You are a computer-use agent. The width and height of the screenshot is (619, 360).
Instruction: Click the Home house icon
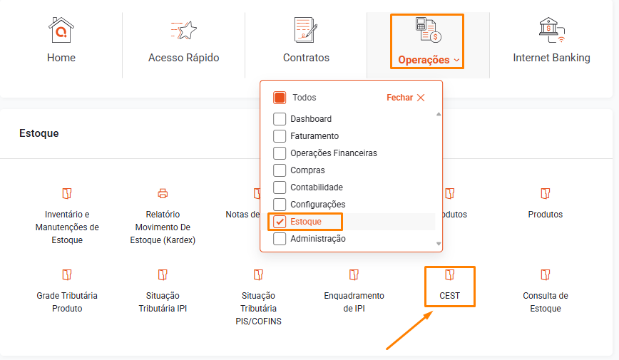61,30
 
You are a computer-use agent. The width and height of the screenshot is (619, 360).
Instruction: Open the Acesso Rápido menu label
183,58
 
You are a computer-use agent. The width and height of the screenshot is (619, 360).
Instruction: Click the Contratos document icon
306,30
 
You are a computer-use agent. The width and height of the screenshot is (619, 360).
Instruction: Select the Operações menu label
424,60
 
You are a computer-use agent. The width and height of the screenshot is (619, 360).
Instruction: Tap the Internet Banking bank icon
552,30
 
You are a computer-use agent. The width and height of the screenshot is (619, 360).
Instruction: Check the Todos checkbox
280,98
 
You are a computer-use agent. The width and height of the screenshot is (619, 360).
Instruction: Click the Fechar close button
406,98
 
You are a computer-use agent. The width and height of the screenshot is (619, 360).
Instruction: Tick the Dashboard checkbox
280,119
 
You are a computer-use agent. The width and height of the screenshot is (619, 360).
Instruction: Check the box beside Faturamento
280,135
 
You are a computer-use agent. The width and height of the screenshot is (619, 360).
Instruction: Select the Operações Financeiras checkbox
280,153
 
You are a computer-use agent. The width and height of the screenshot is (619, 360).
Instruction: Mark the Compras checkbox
280,170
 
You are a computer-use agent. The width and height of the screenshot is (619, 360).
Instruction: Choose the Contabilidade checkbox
280,187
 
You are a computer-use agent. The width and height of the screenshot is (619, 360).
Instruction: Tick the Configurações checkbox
280,204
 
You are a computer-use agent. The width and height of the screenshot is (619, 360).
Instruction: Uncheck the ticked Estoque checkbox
280,222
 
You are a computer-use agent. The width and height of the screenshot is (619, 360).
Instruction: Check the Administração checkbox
280,238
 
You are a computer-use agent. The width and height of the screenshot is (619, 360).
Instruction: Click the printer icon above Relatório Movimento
163,193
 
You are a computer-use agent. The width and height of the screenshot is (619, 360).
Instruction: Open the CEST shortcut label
450,296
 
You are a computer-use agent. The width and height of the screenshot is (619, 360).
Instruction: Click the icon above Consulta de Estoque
545,274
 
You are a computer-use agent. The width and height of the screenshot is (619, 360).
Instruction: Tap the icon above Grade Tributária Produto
67,274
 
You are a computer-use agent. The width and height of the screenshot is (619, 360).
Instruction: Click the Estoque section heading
39,133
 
